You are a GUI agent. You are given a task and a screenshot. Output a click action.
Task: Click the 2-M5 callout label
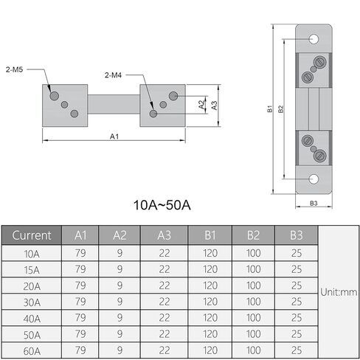click(x=14, y=69)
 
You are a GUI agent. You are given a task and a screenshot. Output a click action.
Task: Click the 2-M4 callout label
click(x=113, y=75)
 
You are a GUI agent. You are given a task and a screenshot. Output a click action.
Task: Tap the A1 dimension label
click(x=114, y=136)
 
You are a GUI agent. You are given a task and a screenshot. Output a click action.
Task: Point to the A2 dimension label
click(x=201, y=105)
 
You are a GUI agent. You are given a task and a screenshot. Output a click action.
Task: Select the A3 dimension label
click(x=215, y=105)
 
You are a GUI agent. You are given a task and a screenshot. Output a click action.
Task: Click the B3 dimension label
click(x=314, y=204)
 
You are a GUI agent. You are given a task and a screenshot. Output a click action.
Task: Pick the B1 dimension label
click(x=270, y=109)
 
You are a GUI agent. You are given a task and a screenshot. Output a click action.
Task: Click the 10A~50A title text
click(x=162, y=205)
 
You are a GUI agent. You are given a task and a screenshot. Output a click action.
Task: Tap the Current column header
click(x=32, y=235)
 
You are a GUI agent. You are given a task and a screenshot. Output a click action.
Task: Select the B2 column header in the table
click(x=253, y=235)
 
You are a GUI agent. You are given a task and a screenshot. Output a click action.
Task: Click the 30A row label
click(x=32, y=302)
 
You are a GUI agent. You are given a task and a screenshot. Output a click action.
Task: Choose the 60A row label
click(x=32, y=351)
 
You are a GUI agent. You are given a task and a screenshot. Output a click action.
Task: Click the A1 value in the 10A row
click(x=80, y=253)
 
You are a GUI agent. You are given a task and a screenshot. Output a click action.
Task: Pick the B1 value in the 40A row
click(x=210, y=318)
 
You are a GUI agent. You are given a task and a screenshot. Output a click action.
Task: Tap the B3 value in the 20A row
click(x=297, y=285)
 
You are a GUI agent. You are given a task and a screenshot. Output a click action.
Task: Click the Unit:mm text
click(x=339, y=292)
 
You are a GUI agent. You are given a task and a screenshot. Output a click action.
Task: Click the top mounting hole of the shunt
click(x=314, y=39)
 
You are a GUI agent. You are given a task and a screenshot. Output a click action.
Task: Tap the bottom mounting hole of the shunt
click(x=314, y=179)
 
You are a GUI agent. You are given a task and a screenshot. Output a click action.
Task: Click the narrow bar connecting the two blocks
click(x=114, y=104)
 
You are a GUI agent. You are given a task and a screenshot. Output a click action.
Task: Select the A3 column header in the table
click(x=164, y=235)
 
